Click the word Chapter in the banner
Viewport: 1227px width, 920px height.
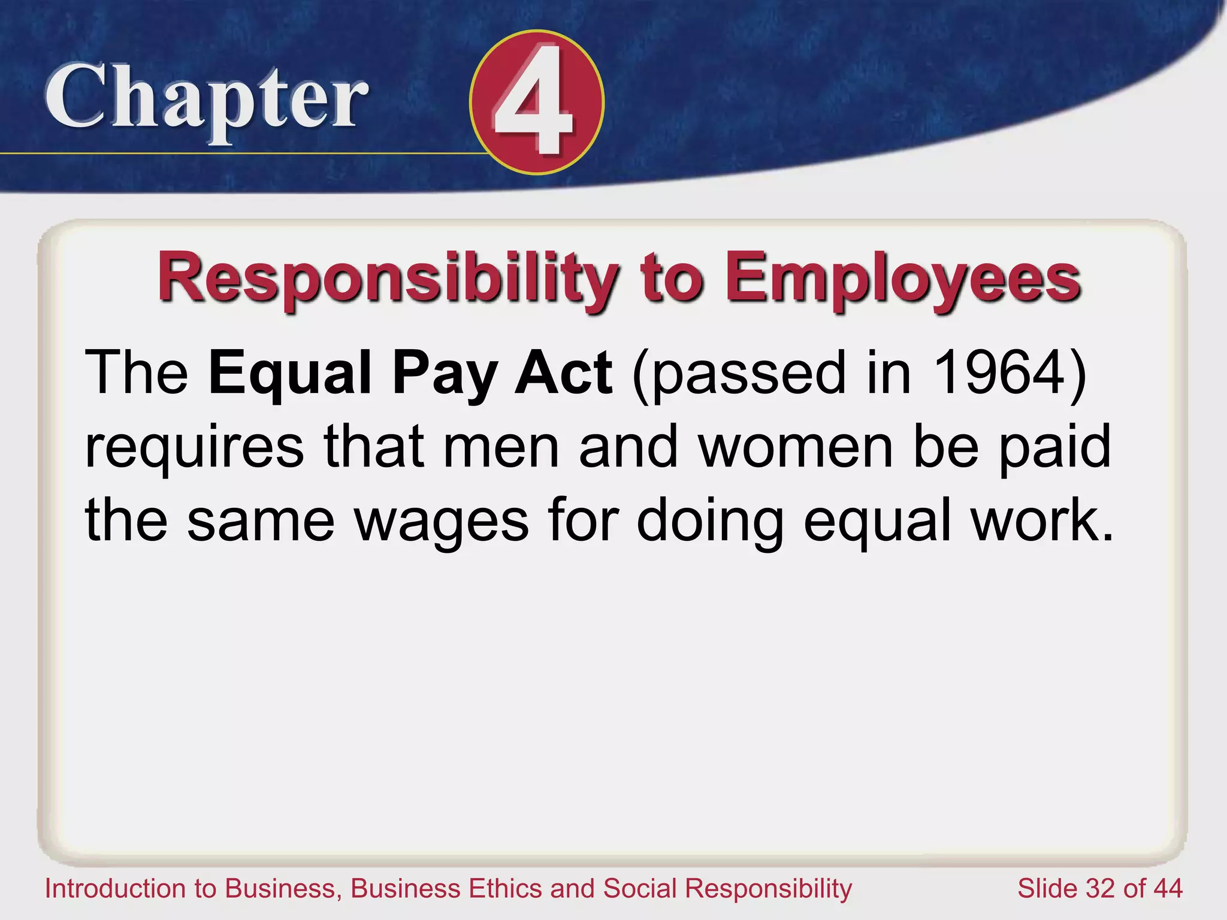(x=206, y=99)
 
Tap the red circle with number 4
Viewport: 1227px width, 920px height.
(x=536, y=102)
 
